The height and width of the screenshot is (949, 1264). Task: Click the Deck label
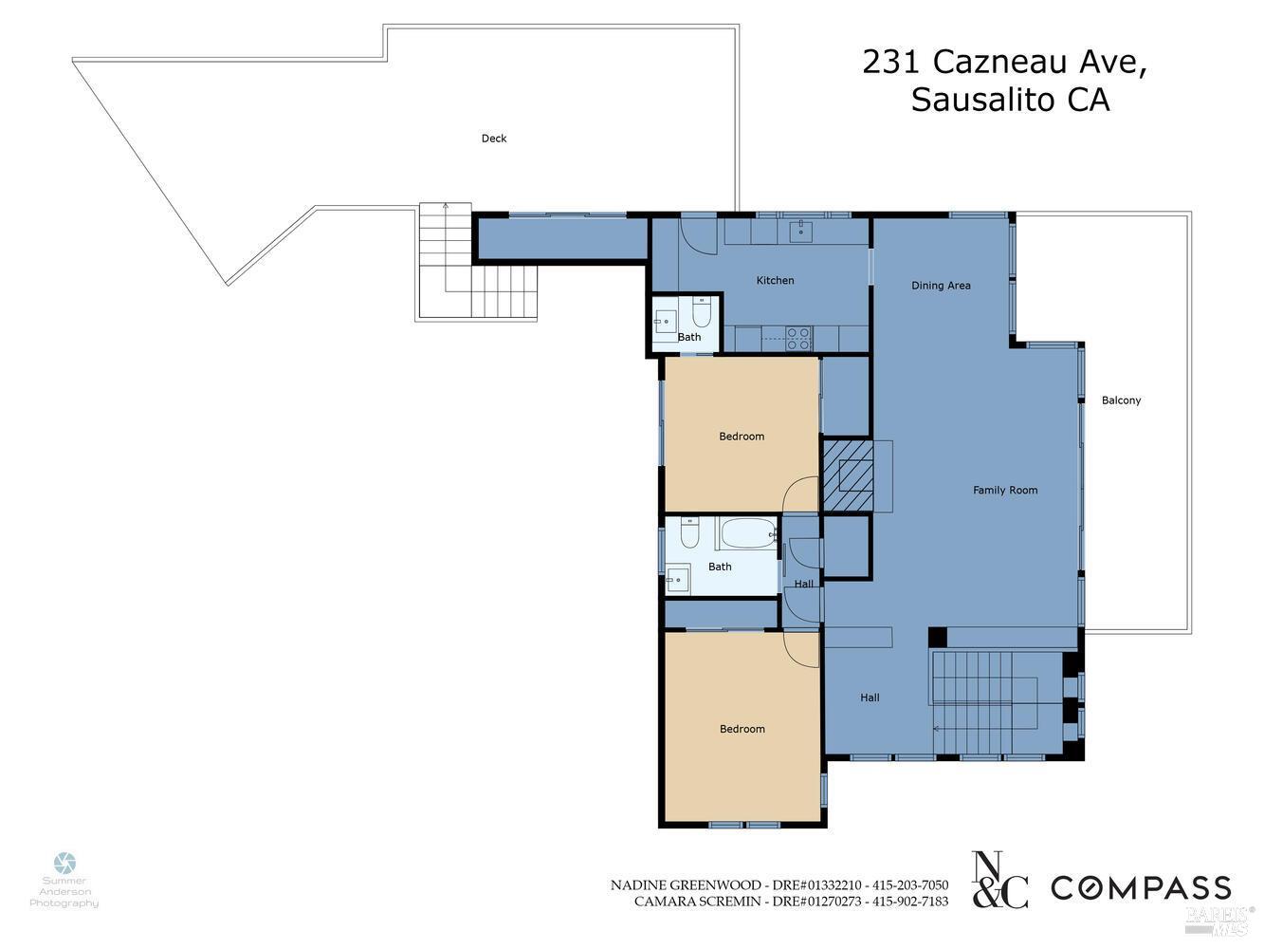493,139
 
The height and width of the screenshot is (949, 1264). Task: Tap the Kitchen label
775,281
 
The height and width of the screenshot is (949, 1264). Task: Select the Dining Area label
941,286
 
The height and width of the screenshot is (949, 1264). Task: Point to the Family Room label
1005,491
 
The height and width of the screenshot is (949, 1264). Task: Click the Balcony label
1121,400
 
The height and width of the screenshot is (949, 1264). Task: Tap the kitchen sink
801,229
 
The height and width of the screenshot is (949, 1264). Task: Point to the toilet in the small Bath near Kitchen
701,313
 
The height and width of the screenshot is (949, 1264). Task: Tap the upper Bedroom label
742,437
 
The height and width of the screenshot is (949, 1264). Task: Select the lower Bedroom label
742,729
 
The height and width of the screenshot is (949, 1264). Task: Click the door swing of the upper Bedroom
800,494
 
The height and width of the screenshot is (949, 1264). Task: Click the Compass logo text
1141,888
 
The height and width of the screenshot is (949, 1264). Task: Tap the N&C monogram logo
1000,880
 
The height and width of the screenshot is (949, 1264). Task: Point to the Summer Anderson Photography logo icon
64,864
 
